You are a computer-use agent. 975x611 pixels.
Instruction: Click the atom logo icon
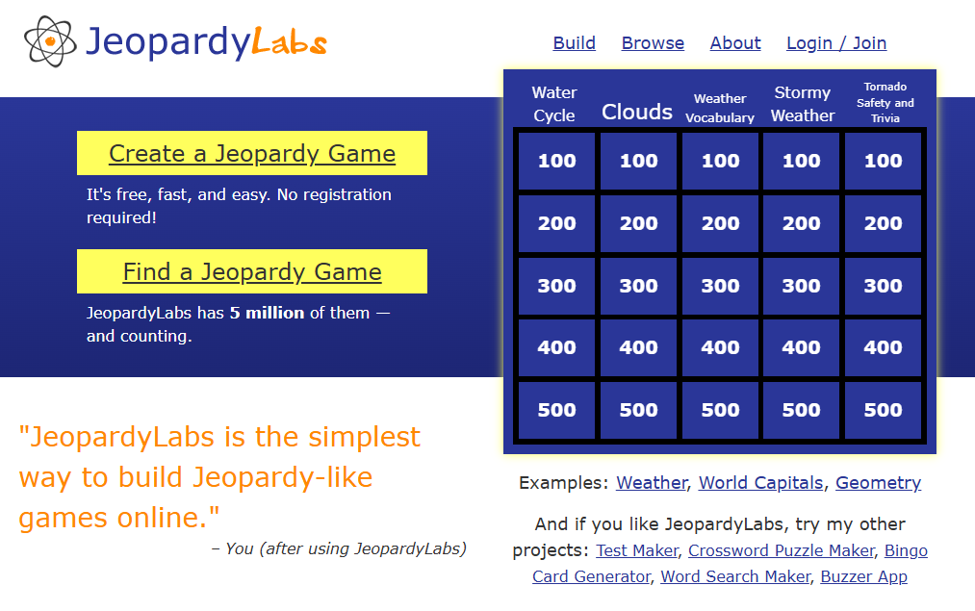point(50,41)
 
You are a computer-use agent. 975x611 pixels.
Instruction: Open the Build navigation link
point(574,43)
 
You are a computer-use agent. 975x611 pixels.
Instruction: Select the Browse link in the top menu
point(653,43)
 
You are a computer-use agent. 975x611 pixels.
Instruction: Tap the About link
point(735,43)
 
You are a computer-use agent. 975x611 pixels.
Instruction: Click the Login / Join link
point(836,43)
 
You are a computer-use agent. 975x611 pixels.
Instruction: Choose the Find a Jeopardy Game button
point(252,271)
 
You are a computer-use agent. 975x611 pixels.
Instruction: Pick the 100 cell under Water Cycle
point(556,161)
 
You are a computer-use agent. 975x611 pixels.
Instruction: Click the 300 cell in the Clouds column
point(638,286)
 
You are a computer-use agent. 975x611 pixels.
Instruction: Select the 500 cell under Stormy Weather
point(801,410)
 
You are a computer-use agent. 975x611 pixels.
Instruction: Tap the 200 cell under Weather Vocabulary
point(720,224)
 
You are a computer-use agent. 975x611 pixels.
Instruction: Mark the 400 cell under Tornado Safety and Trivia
point(883,347)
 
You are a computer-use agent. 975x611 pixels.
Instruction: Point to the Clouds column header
point(637,112)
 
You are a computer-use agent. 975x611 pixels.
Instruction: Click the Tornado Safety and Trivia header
point(885,103)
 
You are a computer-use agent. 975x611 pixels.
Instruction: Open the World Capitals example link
point(760,483)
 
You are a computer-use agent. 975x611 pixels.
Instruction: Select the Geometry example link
point(878,483)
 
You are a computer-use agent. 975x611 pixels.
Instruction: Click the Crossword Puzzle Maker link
point(782,550)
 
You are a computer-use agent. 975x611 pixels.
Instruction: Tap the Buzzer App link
point(863,576)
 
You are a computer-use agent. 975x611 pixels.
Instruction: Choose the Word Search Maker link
point(735,576)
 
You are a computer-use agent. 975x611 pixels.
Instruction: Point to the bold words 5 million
point(267,313)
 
